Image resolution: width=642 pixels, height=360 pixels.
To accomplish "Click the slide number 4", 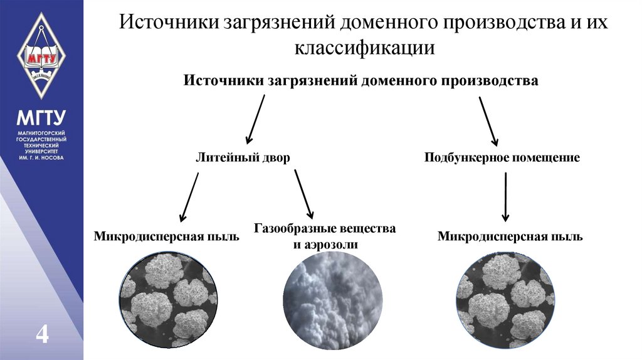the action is tap(42, 334).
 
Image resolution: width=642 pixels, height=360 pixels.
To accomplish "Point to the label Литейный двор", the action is tap(243, 157).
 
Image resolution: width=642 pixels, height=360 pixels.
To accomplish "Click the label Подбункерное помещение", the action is tap(502, 157).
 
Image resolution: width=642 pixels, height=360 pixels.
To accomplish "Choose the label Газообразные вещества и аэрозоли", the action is tap(325, 236).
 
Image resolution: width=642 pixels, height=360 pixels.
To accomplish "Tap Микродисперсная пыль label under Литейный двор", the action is tap(167, 236).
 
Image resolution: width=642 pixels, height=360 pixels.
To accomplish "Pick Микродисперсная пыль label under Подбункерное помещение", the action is tap(510, 236).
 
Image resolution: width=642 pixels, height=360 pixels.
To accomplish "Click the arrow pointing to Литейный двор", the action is tap(255, 119).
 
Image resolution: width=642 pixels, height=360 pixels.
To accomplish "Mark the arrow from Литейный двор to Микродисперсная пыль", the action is tap(189, 196).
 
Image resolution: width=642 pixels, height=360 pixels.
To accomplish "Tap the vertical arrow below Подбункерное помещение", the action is tap(506, 196).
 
